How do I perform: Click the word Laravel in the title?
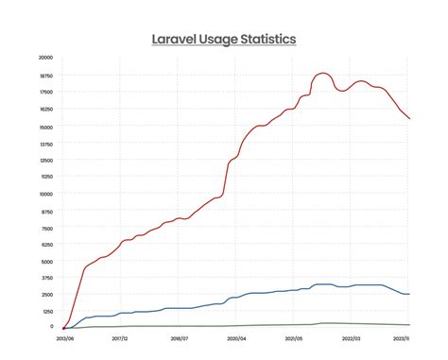[177, 40]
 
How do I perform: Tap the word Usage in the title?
[223, 40]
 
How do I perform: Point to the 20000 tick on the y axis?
[45, 58]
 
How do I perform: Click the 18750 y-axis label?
[45, 75]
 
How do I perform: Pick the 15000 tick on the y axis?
[45, 127]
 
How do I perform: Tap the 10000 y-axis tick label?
[45, 194]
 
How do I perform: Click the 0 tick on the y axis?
[51, 327]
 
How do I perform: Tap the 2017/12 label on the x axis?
[120, 336]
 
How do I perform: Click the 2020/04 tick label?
[235, 336]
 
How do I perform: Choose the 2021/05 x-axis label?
[293, 336]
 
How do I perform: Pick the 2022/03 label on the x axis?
[351, 336]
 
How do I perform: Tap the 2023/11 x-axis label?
[401, 336]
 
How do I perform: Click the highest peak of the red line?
[323, 73]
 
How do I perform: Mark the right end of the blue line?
[408, 294]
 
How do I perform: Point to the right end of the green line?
[408, 325]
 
